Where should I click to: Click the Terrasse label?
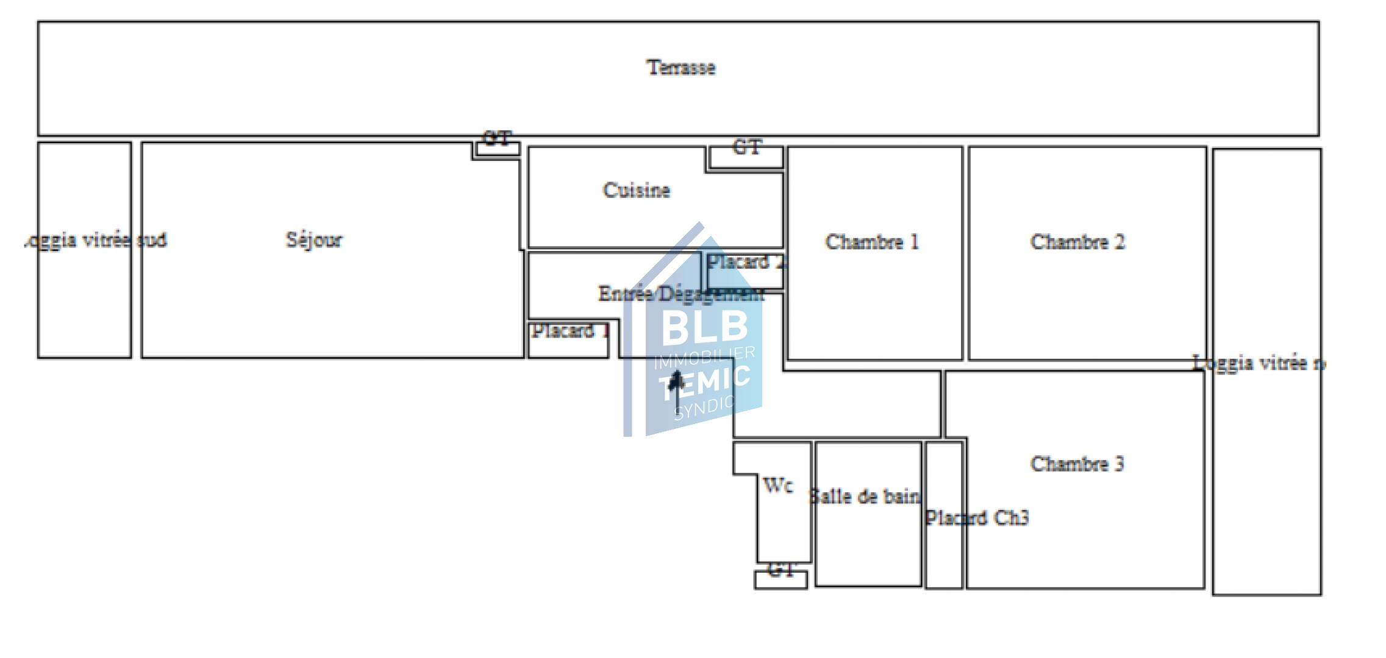click(x=680, y=67)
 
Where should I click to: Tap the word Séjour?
click(x=313, y=239)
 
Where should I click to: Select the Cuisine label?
click(x=636, y=190)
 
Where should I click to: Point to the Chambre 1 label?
click(x=871, y=242)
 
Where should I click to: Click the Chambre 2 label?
click(x=1077, y=242)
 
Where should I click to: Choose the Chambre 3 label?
click(x=1077, y=464)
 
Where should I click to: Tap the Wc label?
click(x=777, y=486)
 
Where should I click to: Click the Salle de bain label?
click(x=865, y=497)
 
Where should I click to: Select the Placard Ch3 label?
click(x=977, y=518)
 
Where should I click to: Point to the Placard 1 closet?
click(x=568, y=341)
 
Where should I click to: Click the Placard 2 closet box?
click(x=745, y=272)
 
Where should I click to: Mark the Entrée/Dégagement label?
click(x=680, y=294)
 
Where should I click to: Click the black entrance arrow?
click(x=676, y=387)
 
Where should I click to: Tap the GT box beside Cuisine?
click(x=746, y=157)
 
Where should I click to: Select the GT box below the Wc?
click(x=781, y=579)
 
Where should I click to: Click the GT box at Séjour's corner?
click(x=498, y=148)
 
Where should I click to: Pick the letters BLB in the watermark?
click(x=704, y=326)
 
